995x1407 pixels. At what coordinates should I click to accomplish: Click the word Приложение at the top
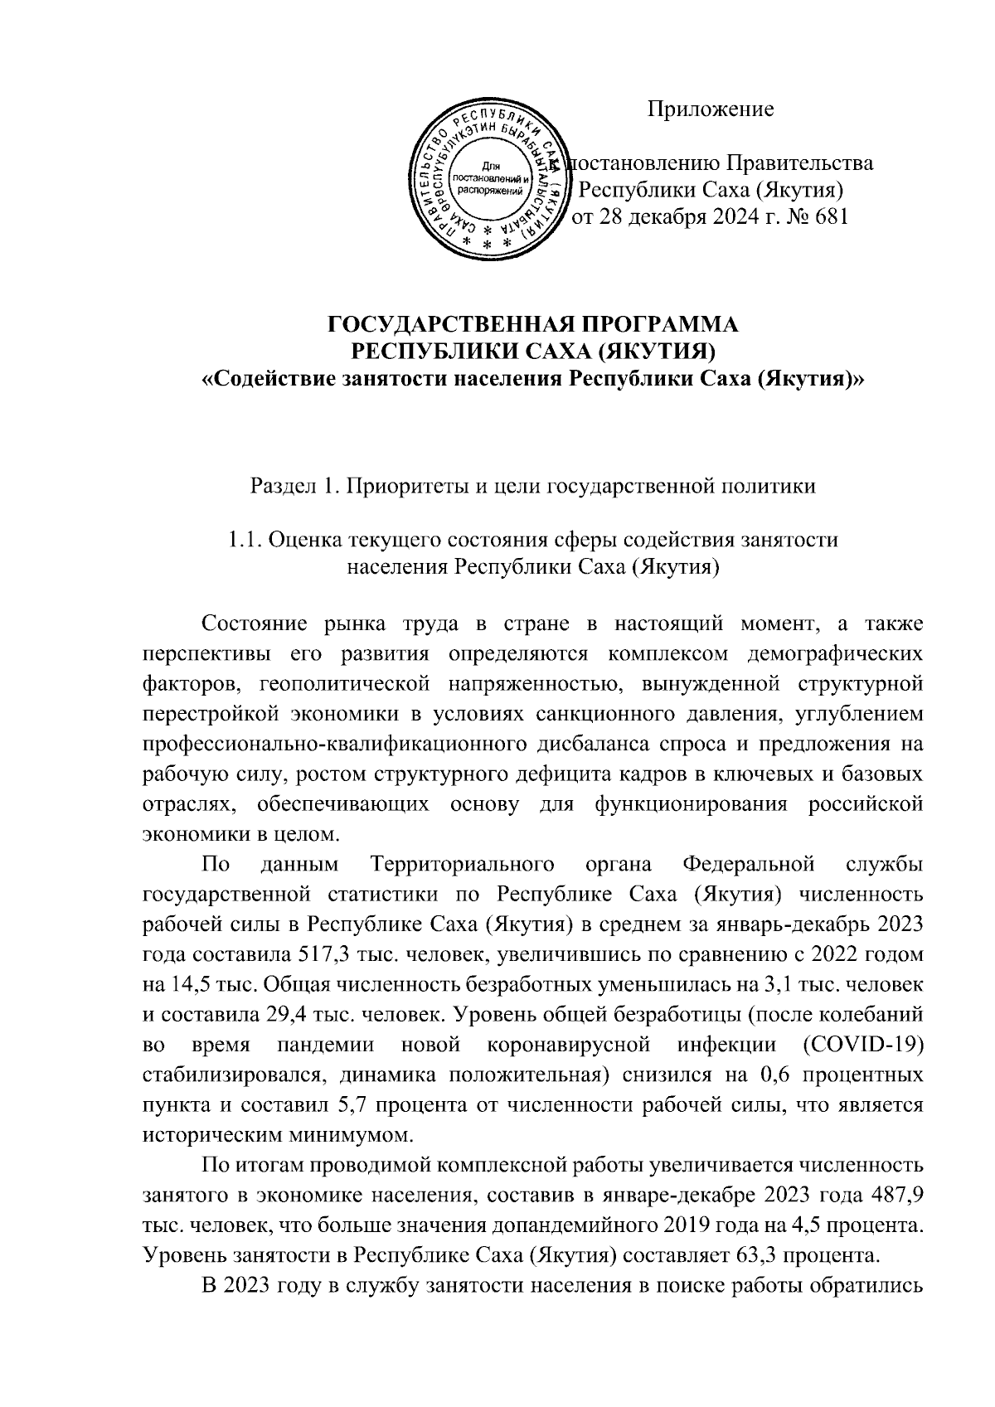(x=711, y=109)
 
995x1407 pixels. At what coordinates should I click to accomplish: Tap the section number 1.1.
(x=245, y=541)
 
